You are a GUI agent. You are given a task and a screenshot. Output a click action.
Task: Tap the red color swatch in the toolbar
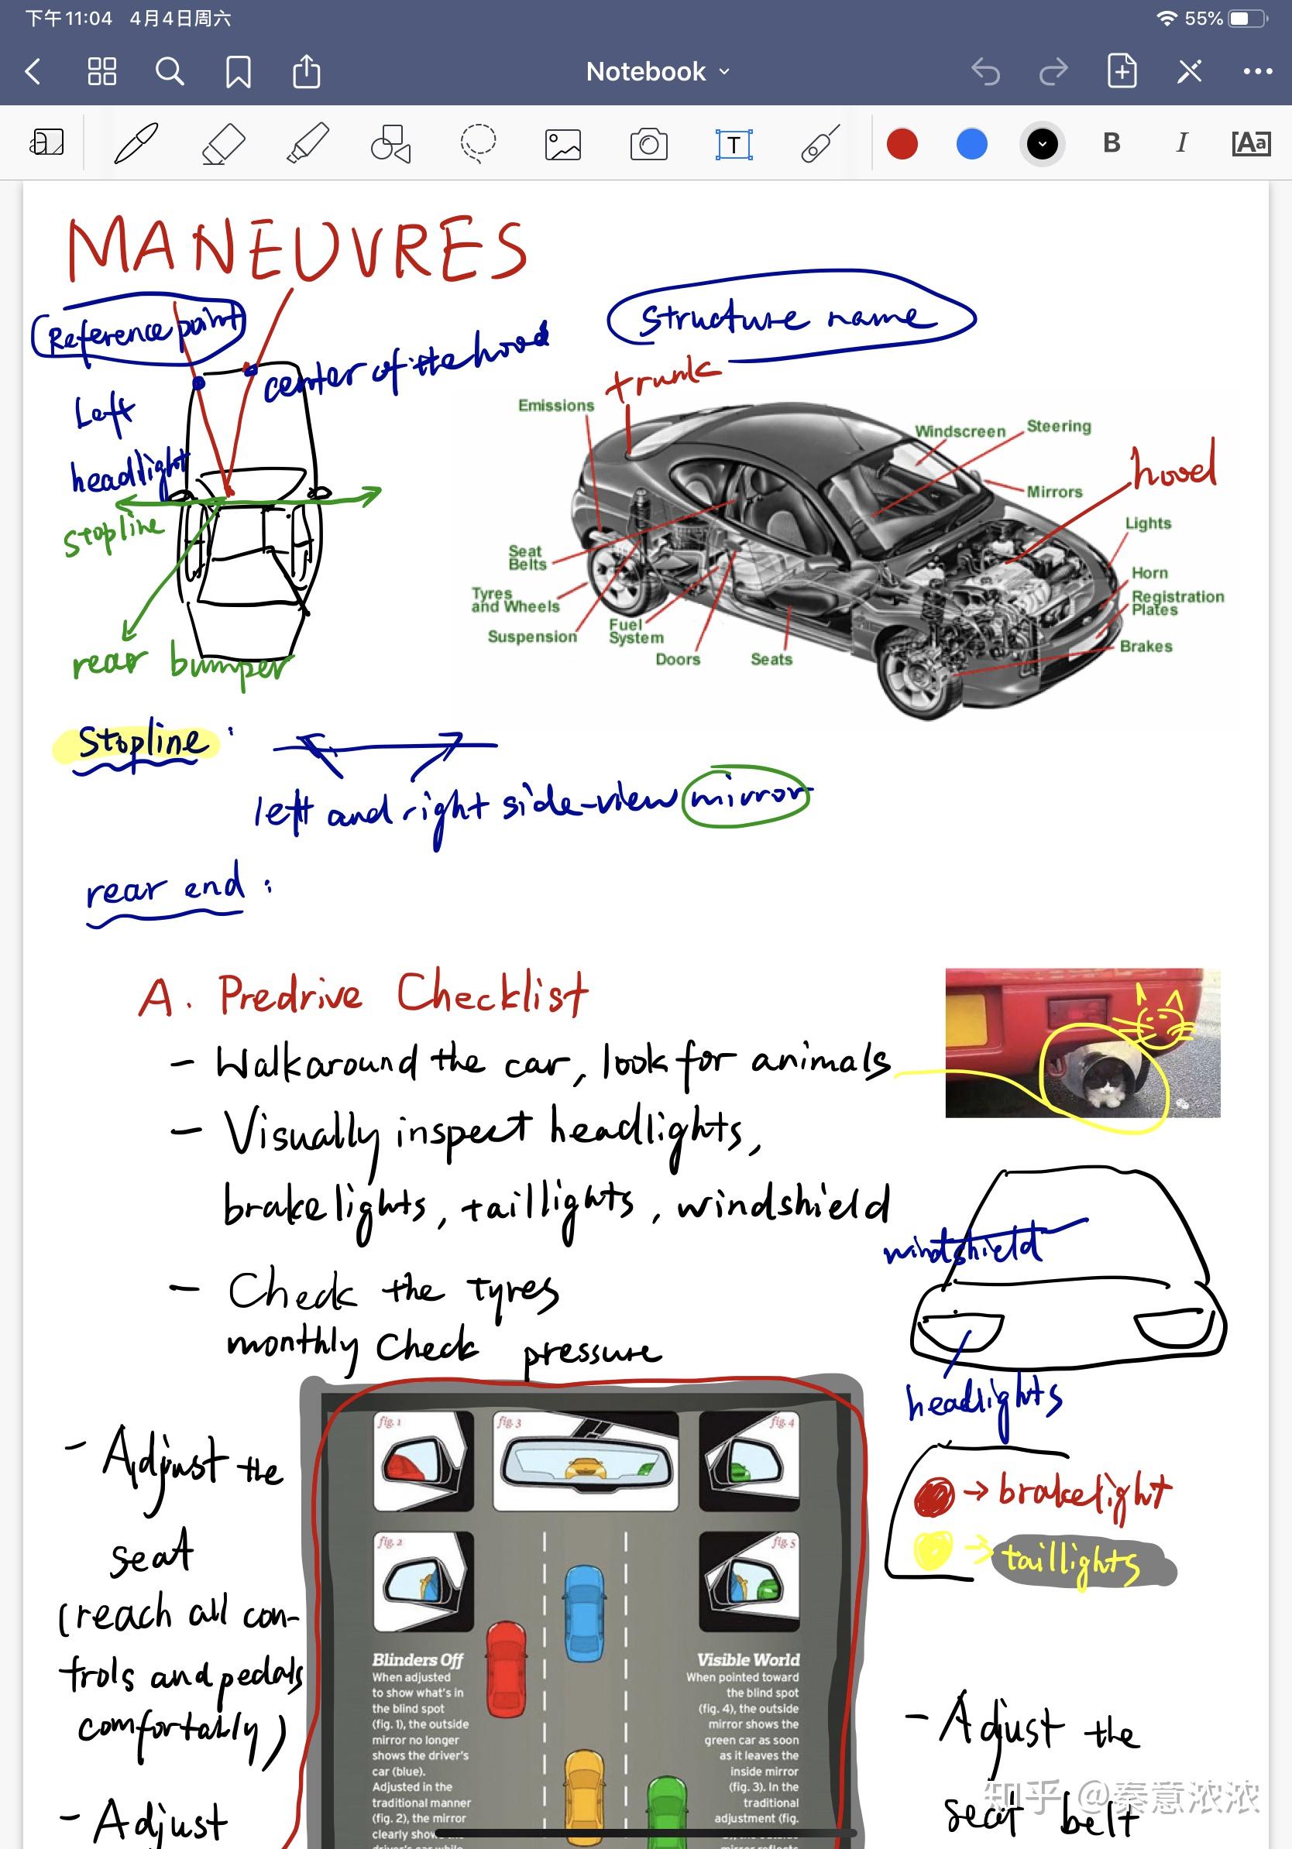902,144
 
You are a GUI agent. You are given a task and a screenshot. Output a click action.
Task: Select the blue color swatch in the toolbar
971,144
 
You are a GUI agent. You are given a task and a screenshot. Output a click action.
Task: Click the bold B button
1112,143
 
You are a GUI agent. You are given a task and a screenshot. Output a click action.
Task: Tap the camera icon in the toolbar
648,144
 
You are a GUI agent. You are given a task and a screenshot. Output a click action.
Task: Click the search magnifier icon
169,72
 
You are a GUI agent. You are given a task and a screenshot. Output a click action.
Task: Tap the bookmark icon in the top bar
238,72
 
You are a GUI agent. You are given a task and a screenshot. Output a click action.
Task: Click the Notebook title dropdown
658,72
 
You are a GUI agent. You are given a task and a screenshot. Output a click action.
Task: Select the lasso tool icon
478,144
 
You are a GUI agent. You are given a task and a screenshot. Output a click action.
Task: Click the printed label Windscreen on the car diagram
960,431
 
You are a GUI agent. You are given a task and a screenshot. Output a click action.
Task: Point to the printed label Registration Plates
1177,602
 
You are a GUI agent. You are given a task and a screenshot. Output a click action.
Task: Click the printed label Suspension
531,637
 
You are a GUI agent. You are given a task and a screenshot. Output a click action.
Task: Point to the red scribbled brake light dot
933,1496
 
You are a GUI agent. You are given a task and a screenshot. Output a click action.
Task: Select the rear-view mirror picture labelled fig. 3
586,1461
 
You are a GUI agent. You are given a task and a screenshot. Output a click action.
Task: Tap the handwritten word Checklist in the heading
491,994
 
